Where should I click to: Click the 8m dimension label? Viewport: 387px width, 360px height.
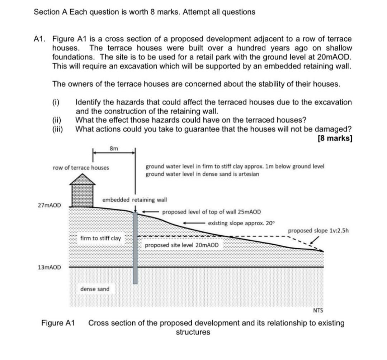[x=114, y=148]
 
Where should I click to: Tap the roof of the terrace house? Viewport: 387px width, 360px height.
[x=82, y=179]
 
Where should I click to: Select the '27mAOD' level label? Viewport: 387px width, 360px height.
[x=49, y=206]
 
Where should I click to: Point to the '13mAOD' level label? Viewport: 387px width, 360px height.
[x=49, y=267]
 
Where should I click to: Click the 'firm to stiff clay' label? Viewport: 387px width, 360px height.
[x=101, y=238]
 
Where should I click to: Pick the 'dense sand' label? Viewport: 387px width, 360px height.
[x=95, y=289]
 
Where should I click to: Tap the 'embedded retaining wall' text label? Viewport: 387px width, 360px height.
[x=134, y=200]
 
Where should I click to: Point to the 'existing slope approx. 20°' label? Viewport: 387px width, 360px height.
[x=241, y=223]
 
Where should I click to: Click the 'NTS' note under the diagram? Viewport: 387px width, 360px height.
[x=318, y=310]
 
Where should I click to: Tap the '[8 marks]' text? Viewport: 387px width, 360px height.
[x=335, y=138]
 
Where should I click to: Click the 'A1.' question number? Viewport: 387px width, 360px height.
[x=41, y=39]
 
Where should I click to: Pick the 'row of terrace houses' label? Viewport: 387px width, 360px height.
[x=81, y=167]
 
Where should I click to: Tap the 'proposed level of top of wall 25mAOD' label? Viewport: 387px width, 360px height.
[x=212, y=212]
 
